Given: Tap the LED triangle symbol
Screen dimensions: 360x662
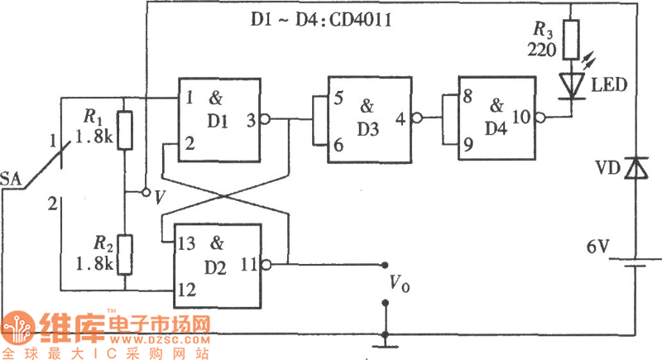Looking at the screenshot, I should tap(571, 83).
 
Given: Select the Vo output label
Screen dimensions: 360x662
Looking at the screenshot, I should tap(397, 284).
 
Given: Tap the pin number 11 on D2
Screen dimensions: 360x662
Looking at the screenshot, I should tap(248, 266).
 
